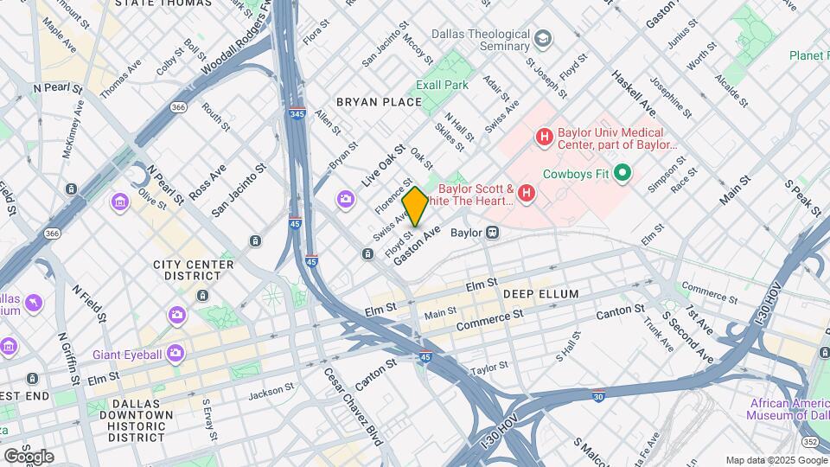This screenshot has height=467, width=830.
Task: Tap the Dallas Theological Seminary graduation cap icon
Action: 542,39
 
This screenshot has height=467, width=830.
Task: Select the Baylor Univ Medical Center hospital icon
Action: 545,136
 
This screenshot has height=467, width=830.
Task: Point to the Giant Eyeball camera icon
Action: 176,352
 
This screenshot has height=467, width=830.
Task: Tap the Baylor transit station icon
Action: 494,233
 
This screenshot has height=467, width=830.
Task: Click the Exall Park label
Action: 442,85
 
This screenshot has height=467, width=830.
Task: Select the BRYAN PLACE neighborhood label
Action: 379,102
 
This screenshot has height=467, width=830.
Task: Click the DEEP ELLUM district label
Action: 540,294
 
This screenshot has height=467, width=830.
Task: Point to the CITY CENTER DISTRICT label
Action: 193,270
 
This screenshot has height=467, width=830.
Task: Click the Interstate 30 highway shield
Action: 598,397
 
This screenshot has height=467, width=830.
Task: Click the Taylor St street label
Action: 489,369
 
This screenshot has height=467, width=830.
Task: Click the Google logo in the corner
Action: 29,456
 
